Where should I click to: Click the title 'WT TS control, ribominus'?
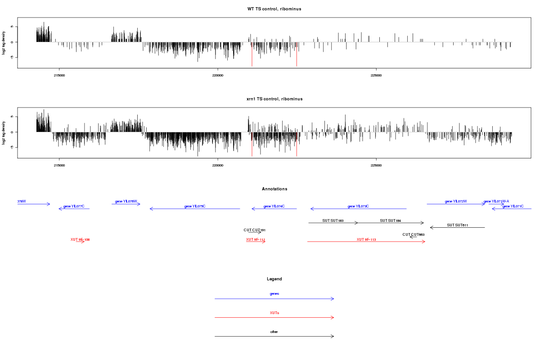coord(274,9)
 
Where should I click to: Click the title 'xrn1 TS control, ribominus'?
coord(274,99)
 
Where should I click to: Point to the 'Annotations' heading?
coord(274,189)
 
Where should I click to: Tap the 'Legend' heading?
coord(274,279)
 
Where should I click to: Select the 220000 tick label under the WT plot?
coord(217,75)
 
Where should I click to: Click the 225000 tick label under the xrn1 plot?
coord(376,165)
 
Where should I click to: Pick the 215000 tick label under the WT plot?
coord(59,75)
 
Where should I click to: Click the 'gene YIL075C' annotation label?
coord(195,206)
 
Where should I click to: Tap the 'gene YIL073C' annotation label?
coord(358,206)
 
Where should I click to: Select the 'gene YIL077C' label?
coord(74,206)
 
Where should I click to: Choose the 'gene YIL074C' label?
coord(274,206)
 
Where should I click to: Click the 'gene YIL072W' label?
coord(456,201)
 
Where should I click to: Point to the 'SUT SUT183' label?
coord(333,220)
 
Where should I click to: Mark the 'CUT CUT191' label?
coord(255,230)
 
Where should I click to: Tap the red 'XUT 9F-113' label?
coord(366,239)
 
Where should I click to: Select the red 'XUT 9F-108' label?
coord(80,239)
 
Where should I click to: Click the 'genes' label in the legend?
coord(274,294)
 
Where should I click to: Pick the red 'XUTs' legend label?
coord(274,313)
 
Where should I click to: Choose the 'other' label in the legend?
coord(274,332)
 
